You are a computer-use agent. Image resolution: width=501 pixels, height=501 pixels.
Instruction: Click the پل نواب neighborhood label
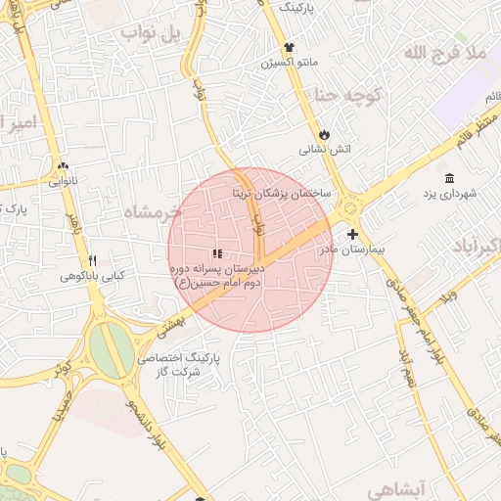click(x=153, y=35)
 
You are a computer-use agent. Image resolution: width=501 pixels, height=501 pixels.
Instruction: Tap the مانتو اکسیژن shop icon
click(x=289, y=47)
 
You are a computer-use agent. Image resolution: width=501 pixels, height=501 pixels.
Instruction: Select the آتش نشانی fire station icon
click(x=324, y=134)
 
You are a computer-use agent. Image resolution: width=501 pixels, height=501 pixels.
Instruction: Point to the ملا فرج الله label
click(x=446, y=51)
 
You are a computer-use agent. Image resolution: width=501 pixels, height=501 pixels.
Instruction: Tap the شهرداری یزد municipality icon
click(x=449, y=178)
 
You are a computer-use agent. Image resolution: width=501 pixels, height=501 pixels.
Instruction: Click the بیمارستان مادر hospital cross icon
click(x=352, y=234)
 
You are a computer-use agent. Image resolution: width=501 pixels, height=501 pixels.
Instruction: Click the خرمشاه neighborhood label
click(x=155, y=210)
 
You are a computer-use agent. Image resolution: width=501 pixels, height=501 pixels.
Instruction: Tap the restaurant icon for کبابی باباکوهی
click(x=92, y=261)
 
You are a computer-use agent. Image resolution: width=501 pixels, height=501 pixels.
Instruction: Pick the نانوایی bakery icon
click(x=64, y=166)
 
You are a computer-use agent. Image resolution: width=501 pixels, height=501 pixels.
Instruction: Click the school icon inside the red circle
click(x=216, y=253)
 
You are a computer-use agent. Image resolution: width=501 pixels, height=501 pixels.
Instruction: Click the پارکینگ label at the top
click(x=299, y=6)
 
